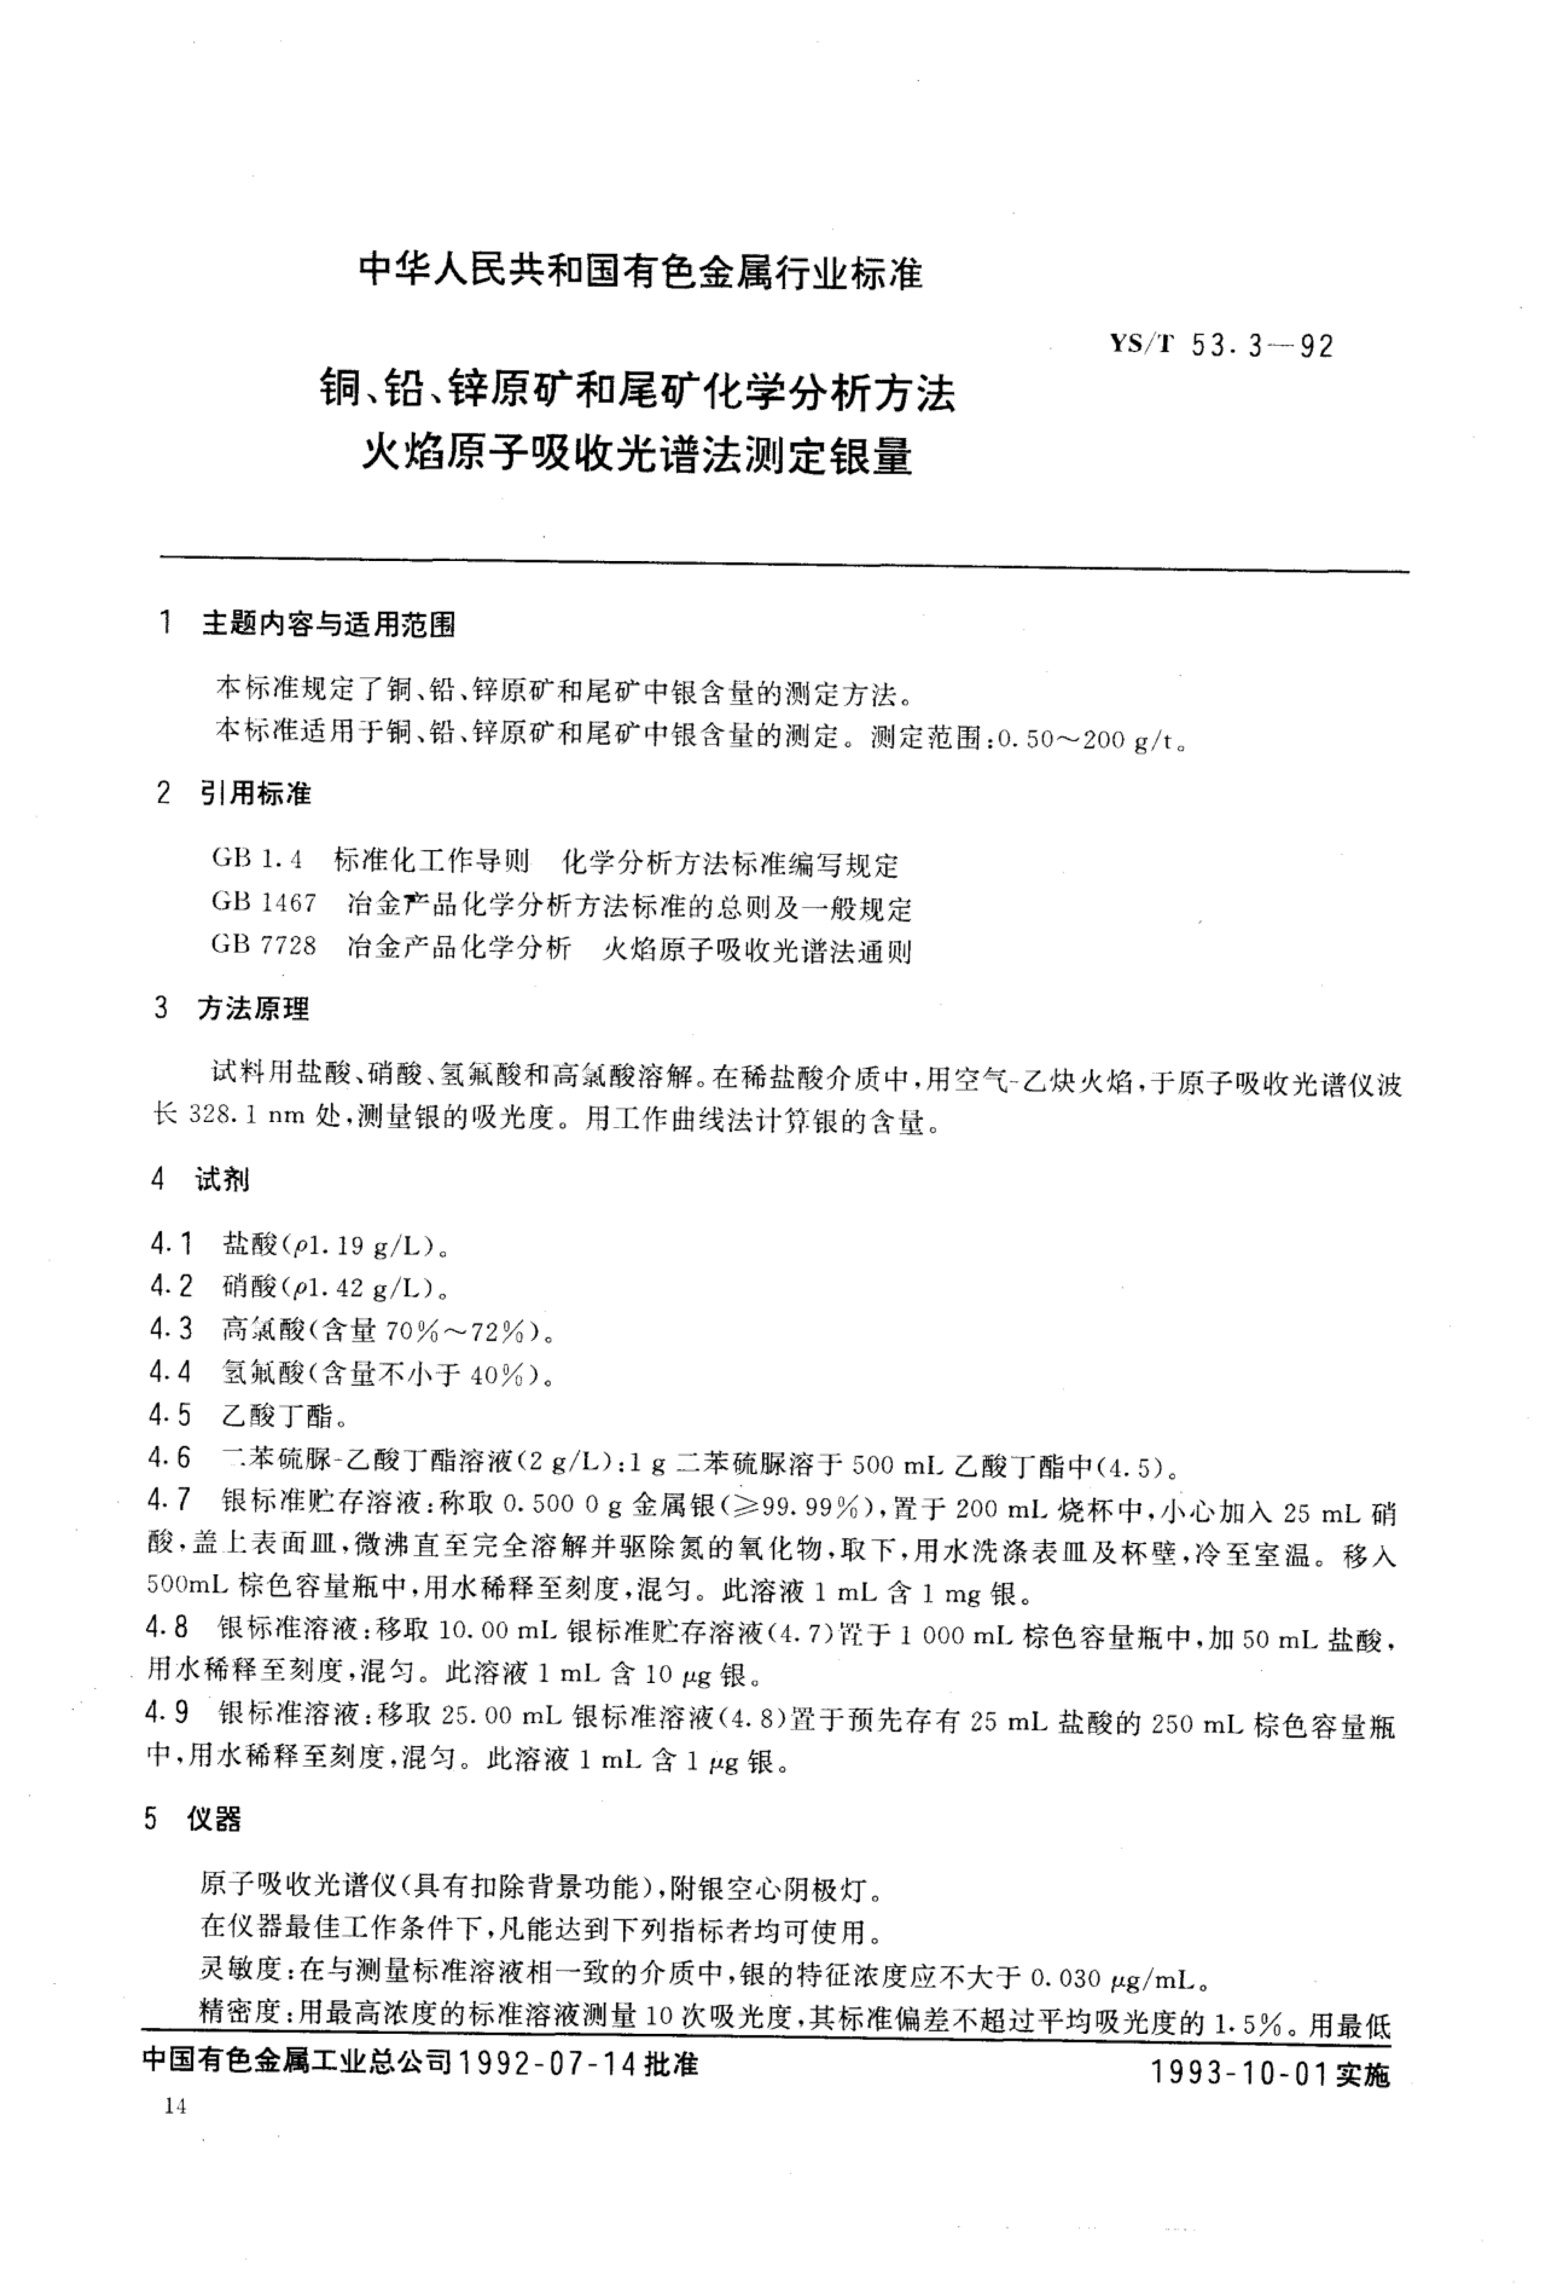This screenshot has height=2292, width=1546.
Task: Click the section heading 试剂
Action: tap(223, 1180)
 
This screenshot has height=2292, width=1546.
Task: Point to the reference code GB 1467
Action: tap(263, 902)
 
